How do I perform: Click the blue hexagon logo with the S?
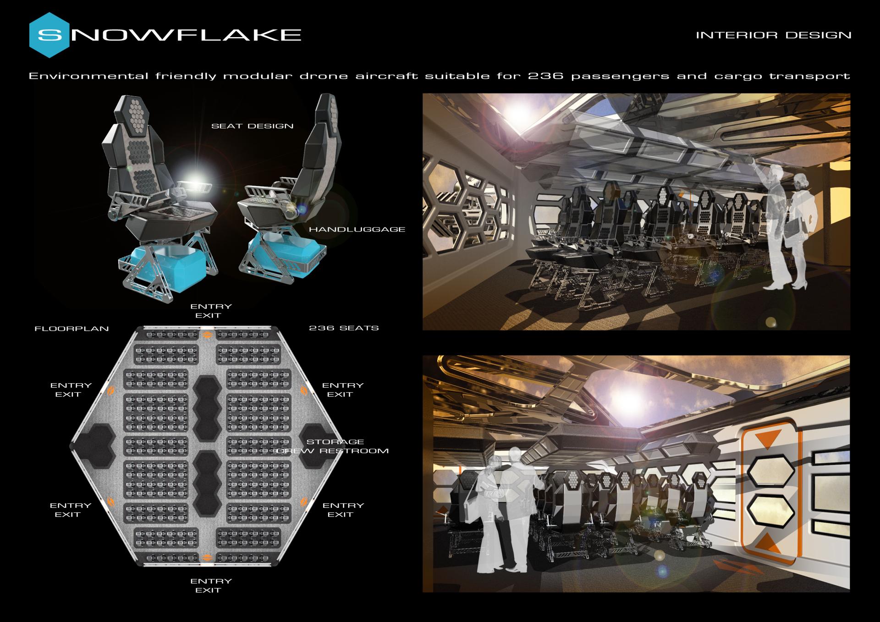pyautogui.click(x=49, y=35)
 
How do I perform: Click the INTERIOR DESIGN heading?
pyautogui.click(x=773, y=35)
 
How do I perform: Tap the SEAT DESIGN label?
pyautogui.click(x=252, y=126)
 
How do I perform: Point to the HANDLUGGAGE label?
pyautogui.click(x=357, y=229)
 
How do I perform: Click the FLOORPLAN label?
pyautogui.click(x=71, y=329)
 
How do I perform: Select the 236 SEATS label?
pyautogui.click(x=344, y=328)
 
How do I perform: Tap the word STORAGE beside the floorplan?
pyautogui.click(x=335, y=442)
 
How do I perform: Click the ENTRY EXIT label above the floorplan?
pyautogui.click(x=210, y=311)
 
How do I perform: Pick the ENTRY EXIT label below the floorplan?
pyautogui.click(x=210, y=586)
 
